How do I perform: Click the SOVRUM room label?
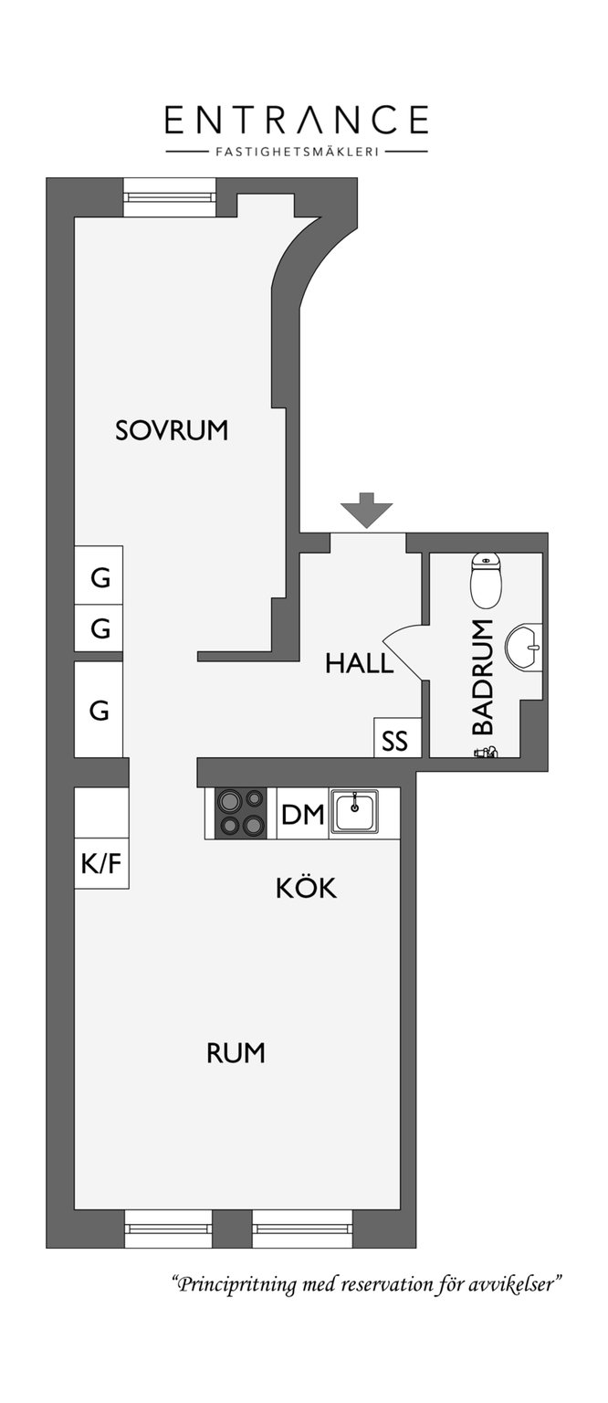pyautogui.click(x=171, y=430)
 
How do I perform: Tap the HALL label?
pyautogui.click(x=360, y=662)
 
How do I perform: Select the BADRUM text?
pyautogui.click(x=483, y=677)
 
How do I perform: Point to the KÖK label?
pyautogui.click(x=306, y=887)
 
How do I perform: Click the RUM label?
pyautogui.click(x=236, y=1053)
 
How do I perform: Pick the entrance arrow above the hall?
pyautogui.click(x=367, y=510)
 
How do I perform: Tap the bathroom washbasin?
pyautogui.click(x=523, y=647)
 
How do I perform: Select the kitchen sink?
pyautogui.click(x=354, y=812)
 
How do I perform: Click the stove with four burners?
pyautogui.click(x=240, y=812)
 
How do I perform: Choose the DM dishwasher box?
pyautogui.click(x=302, y=813)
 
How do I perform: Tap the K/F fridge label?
pyautogui.click(x=100, y=864)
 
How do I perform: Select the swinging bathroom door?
pyautogui.click(x=405, y=652)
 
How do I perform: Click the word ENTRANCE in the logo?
pyautogui.click(x=297, y=120)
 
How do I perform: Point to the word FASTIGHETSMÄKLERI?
pyautogui.click(x=296, y=152)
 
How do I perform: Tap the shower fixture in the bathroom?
pyautogui.click(x=486, y=752)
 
